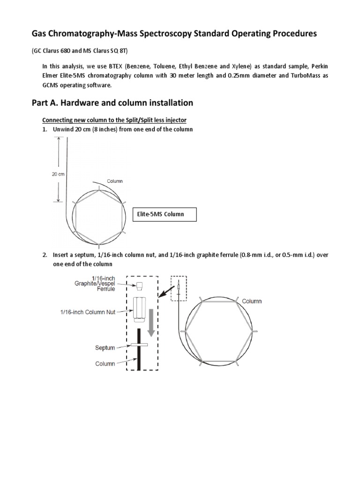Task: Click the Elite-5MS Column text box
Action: [165, 214]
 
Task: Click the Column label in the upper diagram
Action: [115, 181]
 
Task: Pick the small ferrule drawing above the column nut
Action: [139, 285]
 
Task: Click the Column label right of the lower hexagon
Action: [252, 301]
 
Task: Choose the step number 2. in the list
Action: [45, 255]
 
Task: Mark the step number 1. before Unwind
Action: [45, 129]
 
